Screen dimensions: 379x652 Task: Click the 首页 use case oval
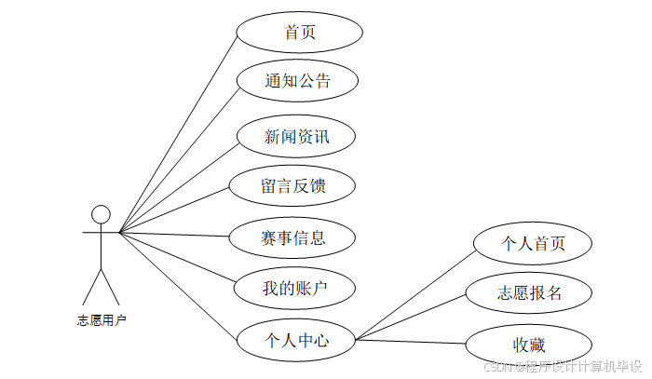299,33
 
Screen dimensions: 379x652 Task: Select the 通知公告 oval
297,81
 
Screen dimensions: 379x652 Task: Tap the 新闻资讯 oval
297,137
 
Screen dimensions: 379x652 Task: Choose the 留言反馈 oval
293,184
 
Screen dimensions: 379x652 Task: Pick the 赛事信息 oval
293,237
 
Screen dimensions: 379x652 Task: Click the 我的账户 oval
293,288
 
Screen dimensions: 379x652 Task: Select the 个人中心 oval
297,340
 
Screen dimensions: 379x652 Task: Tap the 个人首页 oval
534,243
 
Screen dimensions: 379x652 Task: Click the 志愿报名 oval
529,292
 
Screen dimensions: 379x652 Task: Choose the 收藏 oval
529,342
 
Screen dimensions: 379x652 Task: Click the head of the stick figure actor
101,214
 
